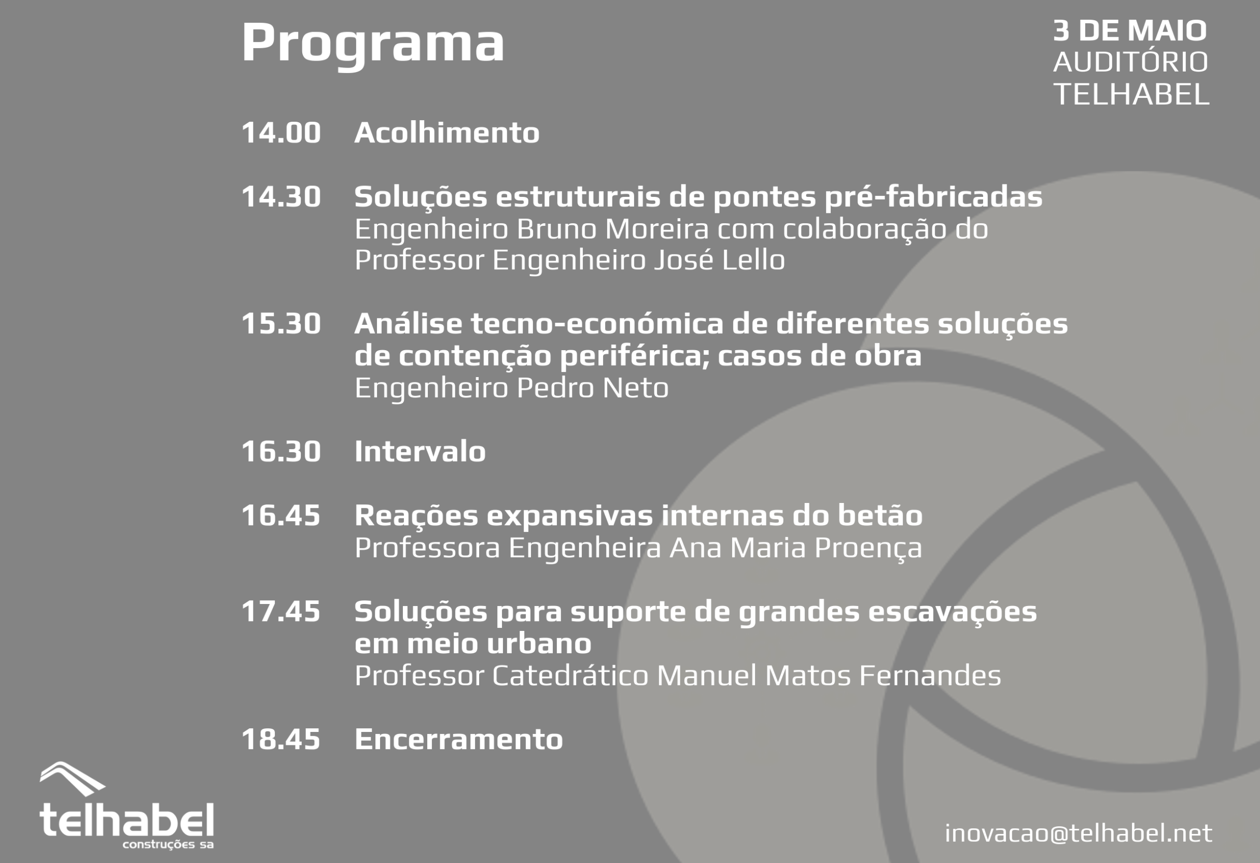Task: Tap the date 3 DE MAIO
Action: tap(1130, 31)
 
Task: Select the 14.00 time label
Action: tap(281, 133)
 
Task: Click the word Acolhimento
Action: tap(447, 133)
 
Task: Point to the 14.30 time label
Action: tap(281, 197)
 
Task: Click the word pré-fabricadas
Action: tap(932, 197)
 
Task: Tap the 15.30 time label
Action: tap(281, 324)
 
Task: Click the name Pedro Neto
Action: tap(592, 388)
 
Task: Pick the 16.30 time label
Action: tap(281, 452)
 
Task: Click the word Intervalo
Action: tap(420, 451)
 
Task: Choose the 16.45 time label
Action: tap(281, 515)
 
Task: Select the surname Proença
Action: tap(868, 548)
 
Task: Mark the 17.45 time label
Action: tap(281, 612)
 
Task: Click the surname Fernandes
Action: tap(930, 675)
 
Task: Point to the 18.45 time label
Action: tap(281, 740)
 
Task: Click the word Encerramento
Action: tap(459, 740)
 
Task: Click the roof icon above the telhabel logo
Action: tap(72, 779)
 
